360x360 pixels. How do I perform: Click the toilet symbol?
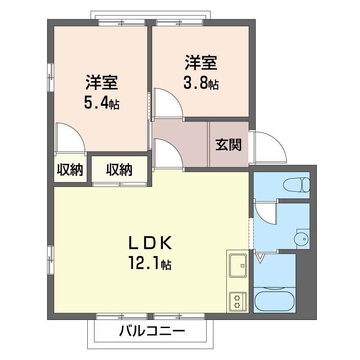click(x=297, y=184)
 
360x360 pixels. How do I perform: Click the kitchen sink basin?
click(x=238, y=266)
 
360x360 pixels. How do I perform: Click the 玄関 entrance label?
click(x=229, y=145)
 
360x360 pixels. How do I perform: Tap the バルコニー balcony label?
click(x=152, y=332)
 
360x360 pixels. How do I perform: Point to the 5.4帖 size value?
click(x=101, y=103)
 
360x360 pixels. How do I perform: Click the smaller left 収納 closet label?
click(x=70, y=170)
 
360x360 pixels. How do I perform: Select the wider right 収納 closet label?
click(x=119, y=170)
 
